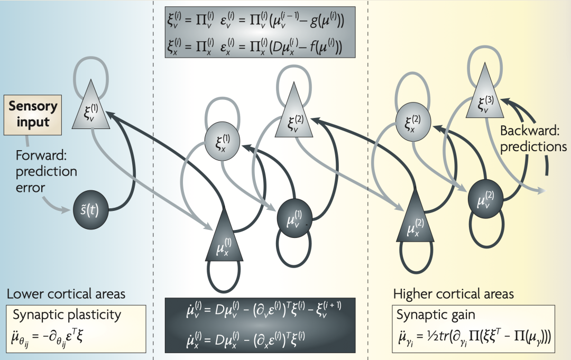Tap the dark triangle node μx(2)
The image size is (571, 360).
(415, 228)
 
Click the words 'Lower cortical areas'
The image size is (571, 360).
(66, 294)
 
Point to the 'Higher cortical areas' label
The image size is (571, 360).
(454, 293)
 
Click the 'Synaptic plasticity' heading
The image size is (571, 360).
(67, 315)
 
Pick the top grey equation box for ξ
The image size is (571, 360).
(260, 32)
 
